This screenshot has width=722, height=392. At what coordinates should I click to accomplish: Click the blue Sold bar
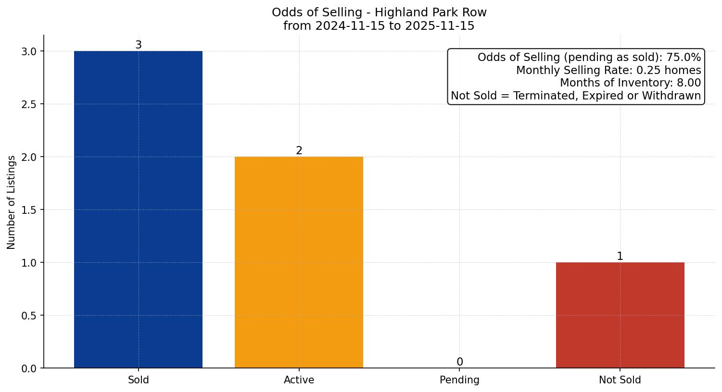[x=138, y=209]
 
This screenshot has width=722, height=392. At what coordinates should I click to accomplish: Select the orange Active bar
[x=299, y=262]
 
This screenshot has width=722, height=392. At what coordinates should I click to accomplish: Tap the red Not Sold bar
[x=620, y=315]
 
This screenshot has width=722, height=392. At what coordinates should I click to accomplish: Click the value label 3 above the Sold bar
[x=139, y=45]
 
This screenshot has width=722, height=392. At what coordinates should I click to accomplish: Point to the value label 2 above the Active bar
[x=299, y=151]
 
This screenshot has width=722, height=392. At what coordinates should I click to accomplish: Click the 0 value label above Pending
[x=460, y=362]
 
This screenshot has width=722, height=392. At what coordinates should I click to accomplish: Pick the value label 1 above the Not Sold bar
[x=620, y=257]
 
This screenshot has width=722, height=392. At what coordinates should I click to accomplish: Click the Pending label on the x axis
[x=459, y=380]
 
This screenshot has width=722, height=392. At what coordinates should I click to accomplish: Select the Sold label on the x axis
[x=138, y=380]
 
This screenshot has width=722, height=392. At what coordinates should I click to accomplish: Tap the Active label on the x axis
[x=299, y=380]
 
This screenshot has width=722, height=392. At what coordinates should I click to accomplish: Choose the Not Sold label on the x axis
[x=620, y=380]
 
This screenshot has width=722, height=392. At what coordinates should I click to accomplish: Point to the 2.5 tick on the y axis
[x=29, y=104]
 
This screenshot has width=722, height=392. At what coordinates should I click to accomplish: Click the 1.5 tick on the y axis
[x=29, y=210]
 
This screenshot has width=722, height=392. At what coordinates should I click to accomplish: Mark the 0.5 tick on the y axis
[x=29, y=316]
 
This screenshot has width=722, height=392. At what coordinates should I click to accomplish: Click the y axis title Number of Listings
[x=11, y=202]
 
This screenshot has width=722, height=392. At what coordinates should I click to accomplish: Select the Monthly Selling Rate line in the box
[x=608, y=71]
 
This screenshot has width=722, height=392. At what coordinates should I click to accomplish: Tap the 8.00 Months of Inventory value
[x=689, y=83]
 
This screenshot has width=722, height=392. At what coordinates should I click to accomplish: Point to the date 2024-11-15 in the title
[x=350, y=26]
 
